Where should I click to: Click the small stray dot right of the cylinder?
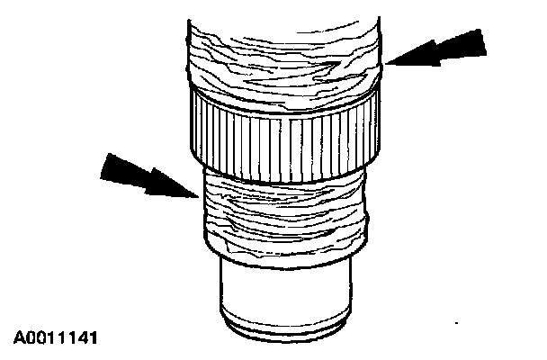point(460,321)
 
